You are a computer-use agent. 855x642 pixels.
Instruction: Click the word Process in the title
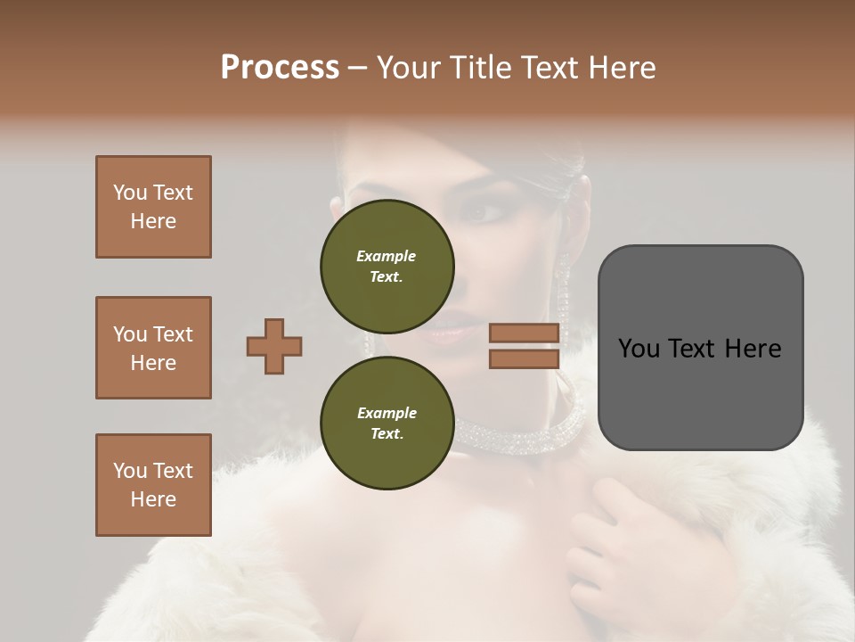pos(280,68)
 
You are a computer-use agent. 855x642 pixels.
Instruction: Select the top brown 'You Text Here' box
pos(153,207)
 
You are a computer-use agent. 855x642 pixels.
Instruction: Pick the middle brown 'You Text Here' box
pos(153,348)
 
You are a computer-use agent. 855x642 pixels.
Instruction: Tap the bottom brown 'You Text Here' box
pos(153,485)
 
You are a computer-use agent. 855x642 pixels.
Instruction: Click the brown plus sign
pos(274,346)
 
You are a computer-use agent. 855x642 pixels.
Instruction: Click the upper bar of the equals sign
pos(524,333)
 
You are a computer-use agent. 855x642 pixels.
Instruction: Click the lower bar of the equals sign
pos(524,358)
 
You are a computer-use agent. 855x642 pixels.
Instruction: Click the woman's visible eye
pos(486,212)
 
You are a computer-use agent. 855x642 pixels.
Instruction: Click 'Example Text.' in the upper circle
pos(387,266)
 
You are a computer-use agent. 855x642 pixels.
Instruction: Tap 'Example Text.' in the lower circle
pos(387,423)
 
